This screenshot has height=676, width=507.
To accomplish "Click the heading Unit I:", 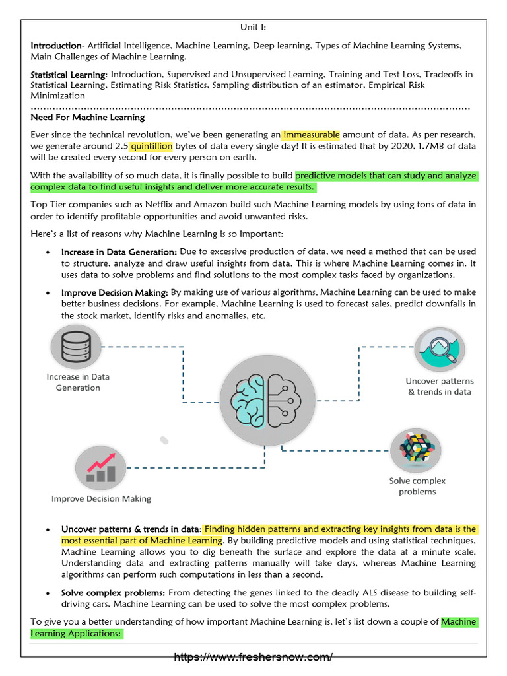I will tap(253, 28).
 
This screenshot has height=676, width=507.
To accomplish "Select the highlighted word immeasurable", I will tap(311, 135).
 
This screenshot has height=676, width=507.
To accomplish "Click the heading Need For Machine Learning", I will tap(88, 118).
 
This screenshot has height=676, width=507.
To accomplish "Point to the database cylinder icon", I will tap(77, 346).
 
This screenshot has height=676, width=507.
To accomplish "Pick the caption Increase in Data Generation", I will tap(78, 382).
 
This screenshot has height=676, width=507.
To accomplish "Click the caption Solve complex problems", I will tap(417, 486).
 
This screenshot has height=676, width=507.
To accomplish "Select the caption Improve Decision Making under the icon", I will tap(101, 499).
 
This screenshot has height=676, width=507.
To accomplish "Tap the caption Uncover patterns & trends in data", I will tap(440, 386).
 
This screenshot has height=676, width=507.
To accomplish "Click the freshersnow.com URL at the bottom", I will tap(253, 657).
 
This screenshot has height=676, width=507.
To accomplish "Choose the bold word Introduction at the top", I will tap(55, 46).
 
